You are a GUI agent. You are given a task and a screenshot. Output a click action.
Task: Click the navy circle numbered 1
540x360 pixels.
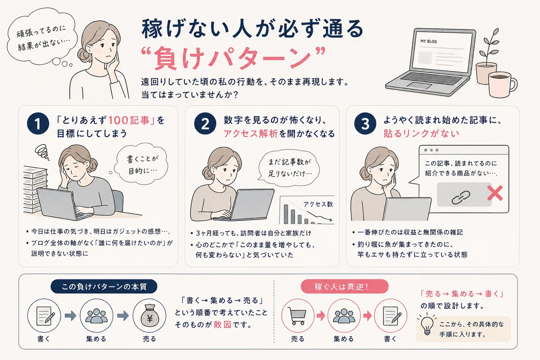pos(38,123)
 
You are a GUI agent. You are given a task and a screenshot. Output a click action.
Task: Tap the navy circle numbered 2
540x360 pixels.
pos(205,123)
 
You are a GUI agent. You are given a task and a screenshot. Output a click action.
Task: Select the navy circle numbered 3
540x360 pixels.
pos(365,123)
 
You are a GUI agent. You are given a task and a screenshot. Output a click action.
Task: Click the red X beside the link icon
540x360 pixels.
pos(495,193)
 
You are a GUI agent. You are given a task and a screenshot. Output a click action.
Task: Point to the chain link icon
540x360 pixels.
pos(461,198)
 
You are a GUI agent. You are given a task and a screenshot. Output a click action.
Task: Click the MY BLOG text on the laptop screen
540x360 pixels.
pos(428,41)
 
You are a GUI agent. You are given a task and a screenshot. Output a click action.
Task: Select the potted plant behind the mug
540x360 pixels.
pos(486,58)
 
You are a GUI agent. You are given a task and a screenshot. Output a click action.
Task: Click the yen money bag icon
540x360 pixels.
pos(149,315)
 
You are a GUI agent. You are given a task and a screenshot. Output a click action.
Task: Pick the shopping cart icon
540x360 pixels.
pos(298,316)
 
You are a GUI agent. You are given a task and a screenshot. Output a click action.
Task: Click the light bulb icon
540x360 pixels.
pos(427,325)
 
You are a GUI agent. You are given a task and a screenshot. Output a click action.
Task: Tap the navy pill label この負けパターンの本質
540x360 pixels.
pos(104,287)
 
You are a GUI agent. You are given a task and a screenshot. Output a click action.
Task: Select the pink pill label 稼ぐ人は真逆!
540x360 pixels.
pos(345,287)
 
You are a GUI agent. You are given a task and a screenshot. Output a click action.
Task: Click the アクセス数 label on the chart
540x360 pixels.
pos(318,204)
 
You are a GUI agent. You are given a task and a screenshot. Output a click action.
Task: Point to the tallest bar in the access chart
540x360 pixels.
pos(286,214)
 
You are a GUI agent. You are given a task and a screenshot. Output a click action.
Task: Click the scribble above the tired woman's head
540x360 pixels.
pos(42,152)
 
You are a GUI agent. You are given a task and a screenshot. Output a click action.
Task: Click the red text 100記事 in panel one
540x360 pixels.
pos(129,120)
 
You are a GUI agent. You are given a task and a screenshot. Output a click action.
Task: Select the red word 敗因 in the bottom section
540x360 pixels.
pos(222,324)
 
